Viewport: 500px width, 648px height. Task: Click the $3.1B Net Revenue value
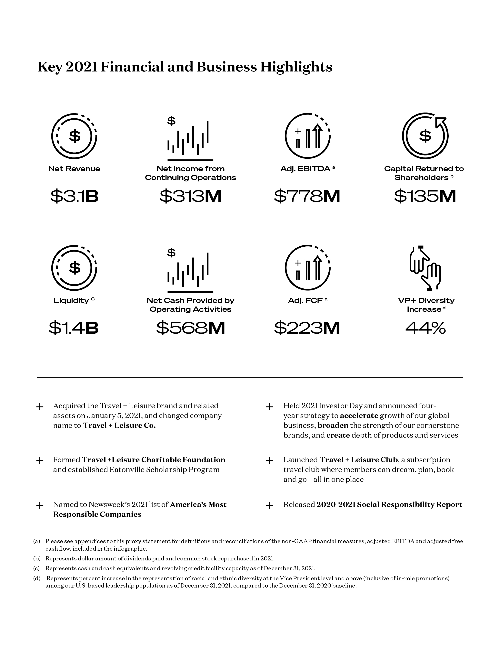[x=74, y=196]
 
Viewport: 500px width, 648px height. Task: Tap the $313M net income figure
[x=190, y=196]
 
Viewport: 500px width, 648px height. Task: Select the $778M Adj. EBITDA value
[x=307, y=196]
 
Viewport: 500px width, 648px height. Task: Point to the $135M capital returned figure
[x=425, y=196]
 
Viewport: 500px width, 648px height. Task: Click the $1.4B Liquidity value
[x=74, y=328]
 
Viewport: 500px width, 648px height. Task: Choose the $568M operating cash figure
[x=190, y=328]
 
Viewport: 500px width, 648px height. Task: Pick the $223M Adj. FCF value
[x=307, y=328]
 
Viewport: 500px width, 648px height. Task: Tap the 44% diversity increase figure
[x=425, y=328]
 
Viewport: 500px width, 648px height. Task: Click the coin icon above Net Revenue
[x=74, y=136]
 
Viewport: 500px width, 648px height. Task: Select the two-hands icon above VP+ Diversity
[x=425, y=268]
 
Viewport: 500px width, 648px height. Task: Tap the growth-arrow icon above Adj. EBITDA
[x=307, y=136]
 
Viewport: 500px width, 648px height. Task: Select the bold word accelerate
[x=359, y=416]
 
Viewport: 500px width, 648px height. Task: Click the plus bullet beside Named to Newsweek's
[x=40, y=506]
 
